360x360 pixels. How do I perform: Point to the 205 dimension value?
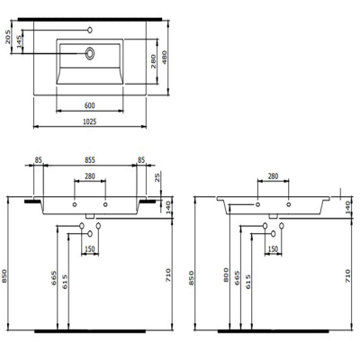click(7, 39)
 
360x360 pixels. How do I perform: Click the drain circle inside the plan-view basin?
click(90, 53)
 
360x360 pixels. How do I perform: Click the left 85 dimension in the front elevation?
click(39, 163)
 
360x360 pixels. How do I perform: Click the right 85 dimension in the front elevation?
click(142, 163)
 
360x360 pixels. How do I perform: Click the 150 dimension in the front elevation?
click(90, 249)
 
